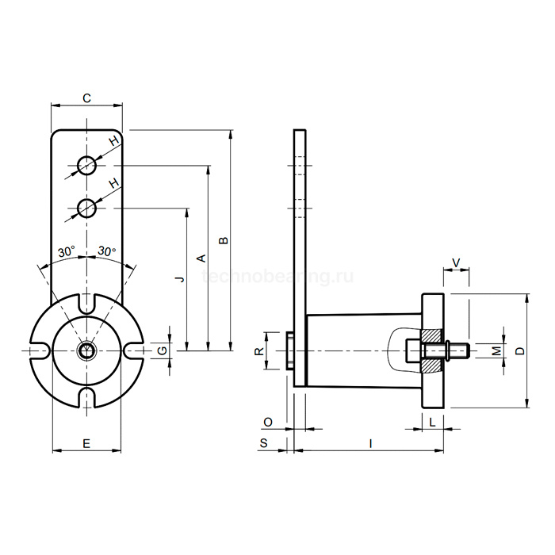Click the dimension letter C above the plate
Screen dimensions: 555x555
(x=86, y=98)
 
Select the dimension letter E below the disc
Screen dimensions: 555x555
(x=86, y=443)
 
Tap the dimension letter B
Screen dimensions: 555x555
(x=224, y=240)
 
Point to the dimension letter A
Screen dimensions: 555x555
(x=201, y=258)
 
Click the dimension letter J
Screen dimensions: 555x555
(x=181, y=279)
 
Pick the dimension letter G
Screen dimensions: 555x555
(x=162, y=350)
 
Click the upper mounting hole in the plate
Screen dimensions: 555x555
(x=86, y=165)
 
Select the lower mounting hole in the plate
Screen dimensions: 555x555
(x=86, y=208)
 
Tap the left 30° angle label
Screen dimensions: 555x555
(x=67, y=251)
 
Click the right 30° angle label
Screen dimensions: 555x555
(x=107, y=251)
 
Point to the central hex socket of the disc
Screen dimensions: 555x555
(x=86, y=350)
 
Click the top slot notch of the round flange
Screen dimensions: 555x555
(x=86, y=304)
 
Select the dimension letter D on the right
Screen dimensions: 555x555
(x=519, y=350)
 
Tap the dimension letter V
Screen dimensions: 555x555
(x=456, y=263)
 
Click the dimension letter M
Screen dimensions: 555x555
(x=497, y=350)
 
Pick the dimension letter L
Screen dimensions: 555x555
(x=432, y=422)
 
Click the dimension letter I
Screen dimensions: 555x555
(x=370, y=443)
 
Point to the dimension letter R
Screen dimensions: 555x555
(x=259, y=351)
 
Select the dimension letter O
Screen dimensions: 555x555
(x=268, y=422)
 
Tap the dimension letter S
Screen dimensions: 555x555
(x=264, y=443)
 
